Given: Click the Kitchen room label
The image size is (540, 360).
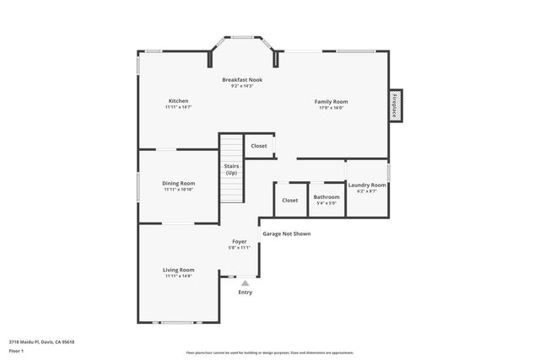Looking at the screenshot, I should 178,101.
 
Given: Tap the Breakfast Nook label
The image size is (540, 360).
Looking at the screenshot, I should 242,79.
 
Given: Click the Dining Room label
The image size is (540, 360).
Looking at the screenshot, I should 179,183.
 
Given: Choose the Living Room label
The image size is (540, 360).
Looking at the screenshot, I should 179,270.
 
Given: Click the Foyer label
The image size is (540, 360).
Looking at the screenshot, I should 240,241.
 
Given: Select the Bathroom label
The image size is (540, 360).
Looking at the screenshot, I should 327,196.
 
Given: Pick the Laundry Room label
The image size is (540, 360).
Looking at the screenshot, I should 367,185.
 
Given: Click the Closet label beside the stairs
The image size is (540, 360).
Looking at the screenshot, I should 259,146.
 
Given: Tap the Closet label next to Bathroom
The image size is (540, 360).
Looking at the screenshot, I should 290,200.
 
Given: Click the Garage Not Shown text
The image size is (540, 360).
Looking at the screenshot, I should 286,234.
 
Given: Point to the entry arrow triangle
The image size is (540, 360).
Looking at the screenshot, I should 246,283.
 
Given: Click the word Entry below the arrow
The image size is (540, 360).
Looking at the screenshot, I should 246,293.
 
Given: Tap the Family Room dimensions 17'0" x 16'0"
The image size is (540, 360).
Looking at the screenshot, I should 331,108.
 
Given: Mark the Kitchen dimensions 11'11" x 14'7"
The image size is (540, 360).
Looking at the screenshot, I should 178,107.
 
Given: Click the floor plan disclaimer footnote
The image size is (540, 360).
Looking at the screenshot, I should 269,352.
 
